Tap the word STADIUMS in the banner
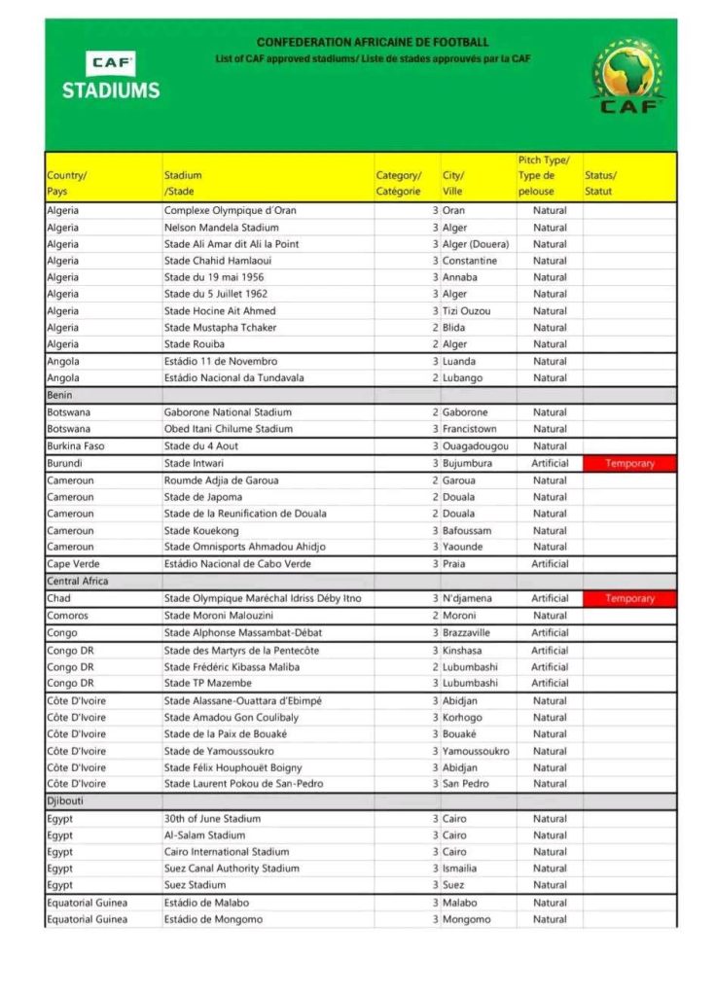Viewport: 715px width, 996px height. [x=111, y=90]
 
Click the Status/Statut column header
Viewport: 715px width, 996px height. [x=600, y=183]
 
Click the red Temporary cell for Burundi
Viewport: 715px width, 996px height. [x=629, y=464]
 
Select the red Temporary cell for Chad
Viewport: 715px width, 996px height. [x=629, y=598]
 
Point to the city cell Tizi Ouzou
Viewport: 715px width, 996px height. [x=467, y=311]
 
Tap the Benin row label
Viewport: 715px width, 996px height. [x=60, y=396]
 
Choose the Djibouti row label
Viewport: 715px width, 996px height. [x=66, y=801]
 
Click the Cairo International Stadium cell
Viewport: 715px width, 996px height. [x=227, y=852]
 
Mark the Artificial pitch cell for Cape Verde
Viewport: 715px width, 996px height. [x=550, y=564]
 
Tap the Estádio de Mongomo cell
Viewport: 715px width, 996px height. [x=213, y=919]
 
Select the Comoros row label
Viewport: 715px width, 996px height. [x=68, y=616]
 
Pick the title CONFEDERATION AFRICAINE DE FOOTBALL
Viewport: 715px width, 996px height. [x=373, y=43]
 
